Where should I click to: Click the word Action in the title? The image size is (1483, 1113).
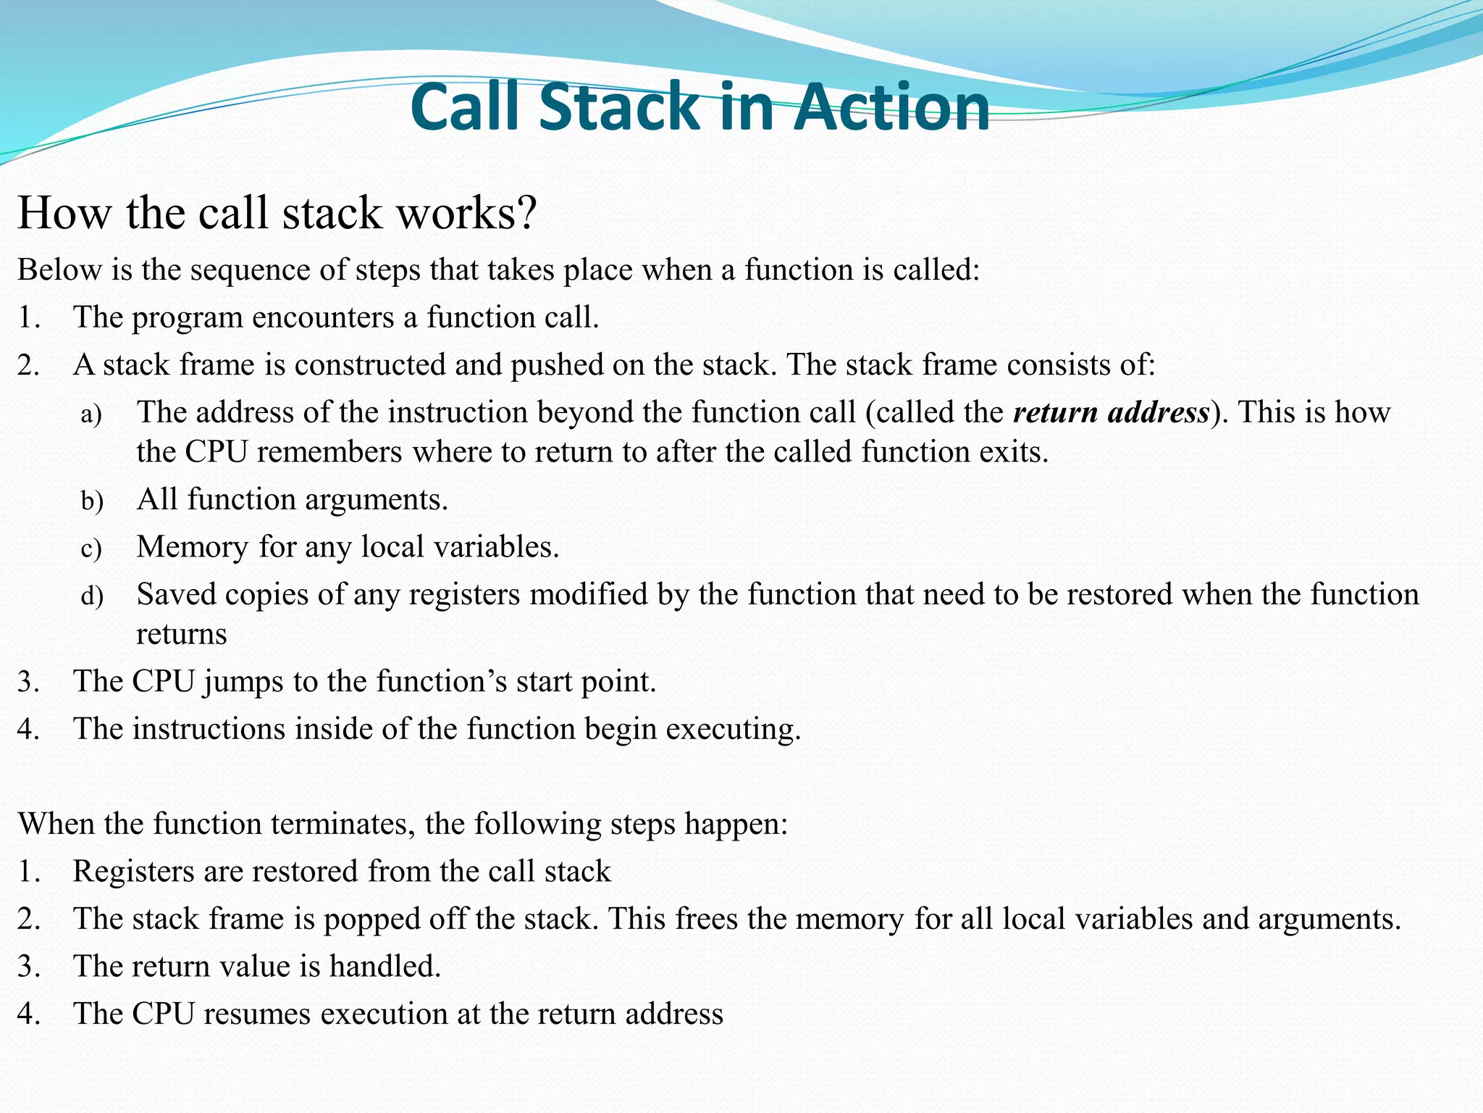click(x=892, y=107)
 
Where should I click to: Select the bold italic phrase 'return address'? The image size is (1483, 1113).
click(x=1111, y=412)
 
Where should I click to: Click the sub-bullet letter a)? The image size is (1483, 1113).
click(x=91, y=414)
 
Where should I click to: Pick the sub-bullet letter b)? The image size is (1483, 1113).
click(x=92, y=501)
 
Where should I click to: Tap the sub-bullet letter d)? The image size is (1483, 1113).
click(x=92, y=596)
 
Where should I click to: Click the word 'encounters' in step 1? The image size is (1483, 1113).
click(x=322, y=317)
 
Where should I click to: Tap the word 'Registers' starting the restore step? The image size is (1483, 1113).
click(x=133, y=872)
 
